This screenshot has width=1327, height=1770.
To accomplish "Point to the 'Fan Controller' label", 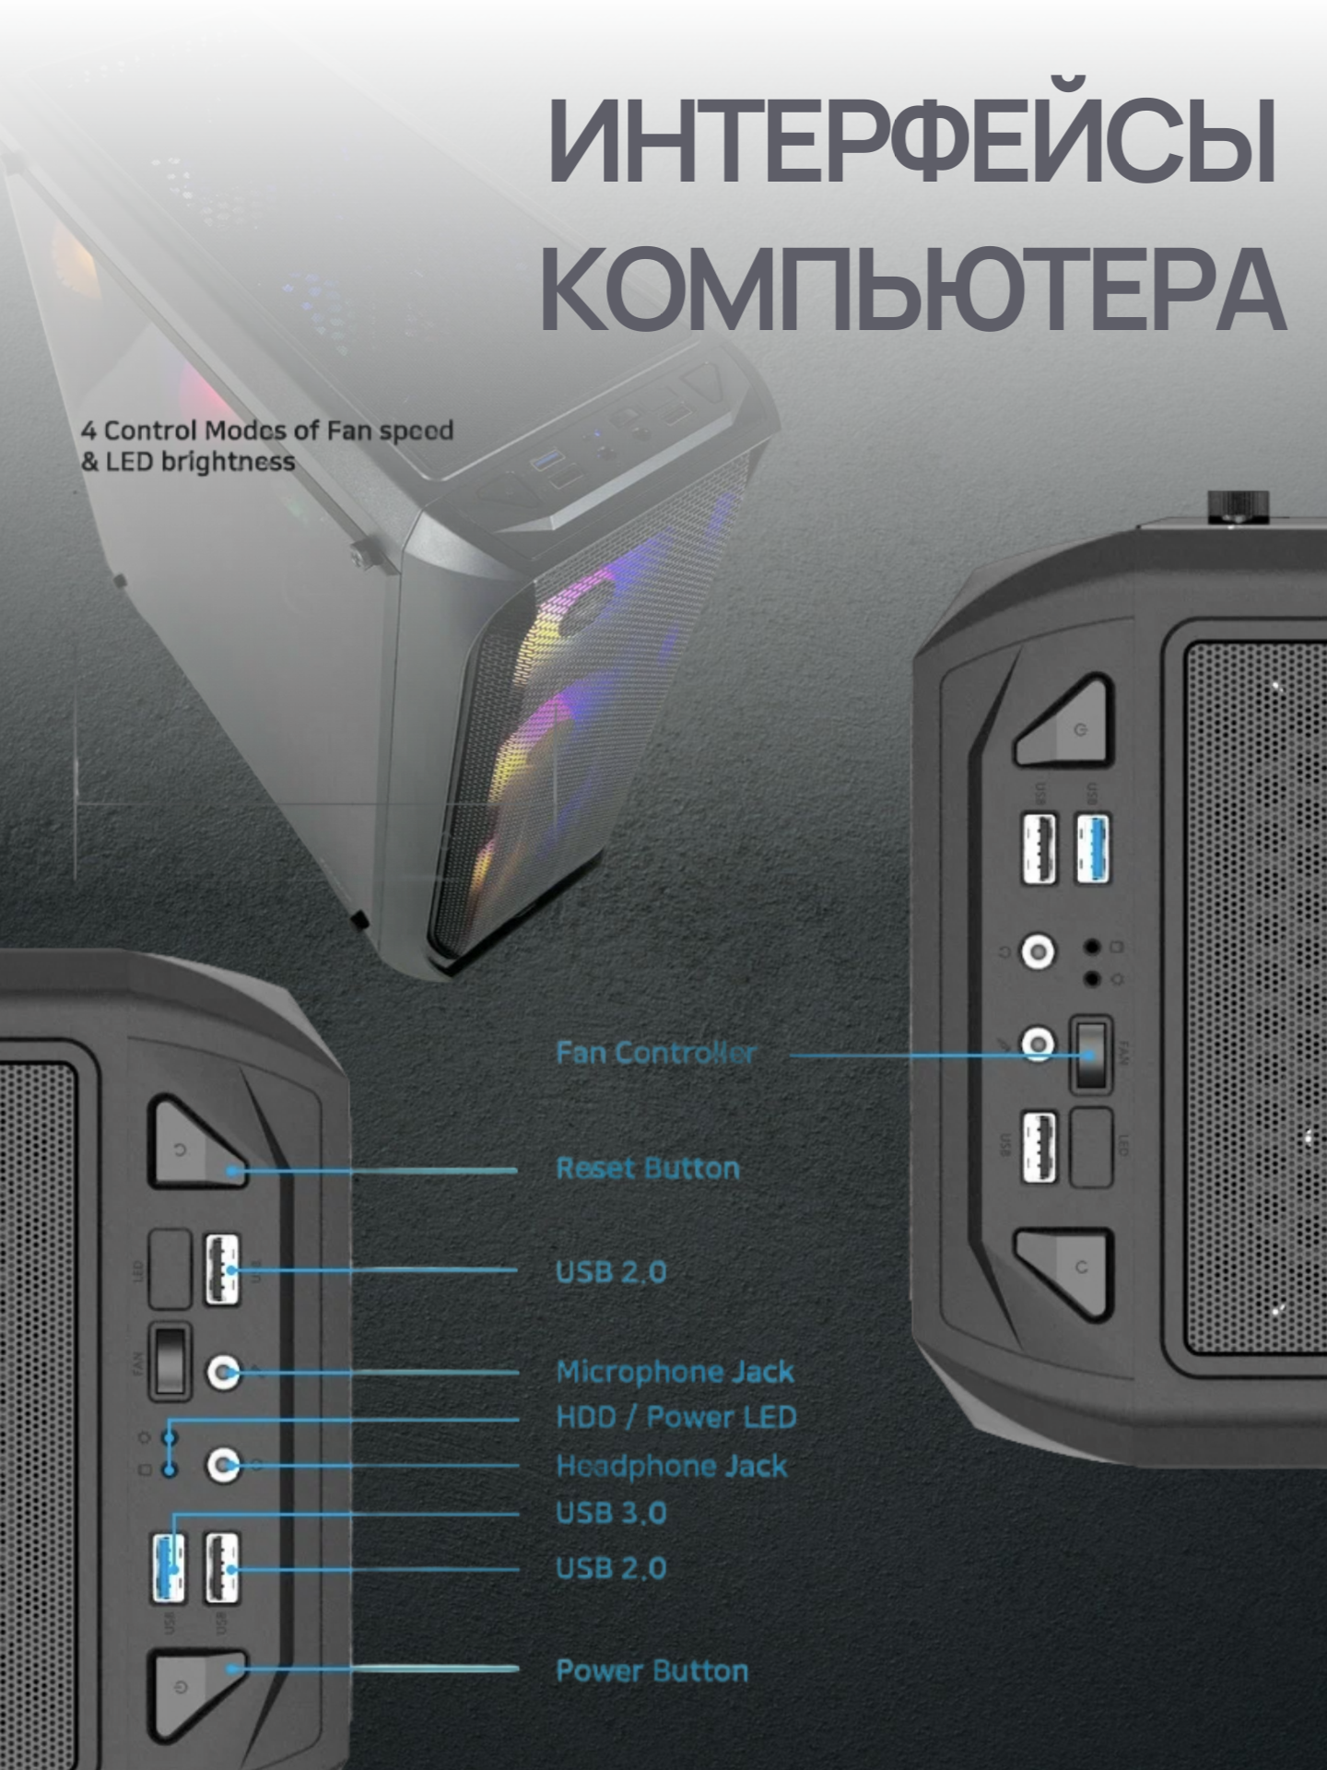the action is pyautogui.click(x=655, y=1053).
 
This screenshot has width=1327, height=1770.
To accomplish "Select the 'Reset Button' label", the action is pyautogui.click(x=648, y=1168).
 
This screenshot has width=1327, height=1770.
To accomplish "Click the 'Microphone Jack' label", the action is pyautogui.click(x=675, y=1372).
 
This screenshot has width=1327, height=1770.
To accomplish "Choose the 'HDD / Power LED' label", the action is pyautogui.click(x=676, y=1417).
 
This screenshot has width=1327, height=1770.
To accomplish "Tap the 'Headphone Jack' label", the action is pyautogui.click(x=672, y=1466).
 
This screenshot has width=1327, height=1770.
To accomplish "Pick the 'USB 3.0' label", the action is pyautogui.click(x=611, y=1513).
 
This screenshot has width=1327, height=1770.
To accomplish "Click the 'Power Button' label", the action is pyautogui.click(x=652, y=1670).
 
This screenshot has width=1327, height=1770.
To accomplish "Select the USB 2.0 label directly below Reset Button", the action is pyautogui.click(x=611, y=1272).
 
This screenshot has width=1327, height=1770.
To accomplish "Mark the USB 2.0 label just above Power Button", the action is pyautogui.click(x=611, y=1568).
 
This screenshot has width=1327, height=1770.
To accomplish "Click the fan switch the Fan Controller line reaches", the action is pyautogui.click(x=1090, y=1055).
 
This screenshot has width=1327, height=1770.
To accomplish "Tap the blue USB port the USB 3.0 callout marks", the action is pyautogui.click(x=168, y=1567).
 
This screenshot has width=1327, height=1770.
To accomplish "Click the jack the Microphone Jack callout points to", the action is pyautogui.click(x=223, y=1373).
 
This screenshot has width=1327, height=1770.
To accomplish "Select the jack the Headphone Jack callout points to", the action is pyautogui.click(x=223, y=1464).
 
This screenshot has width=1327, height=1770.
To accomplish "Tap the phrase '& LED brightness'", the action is pyautogui.click(x=188, y=462).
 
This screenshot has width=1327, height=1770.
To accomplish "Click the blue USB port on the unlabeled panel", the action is pyautogui.click(x=1093, y=849).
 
